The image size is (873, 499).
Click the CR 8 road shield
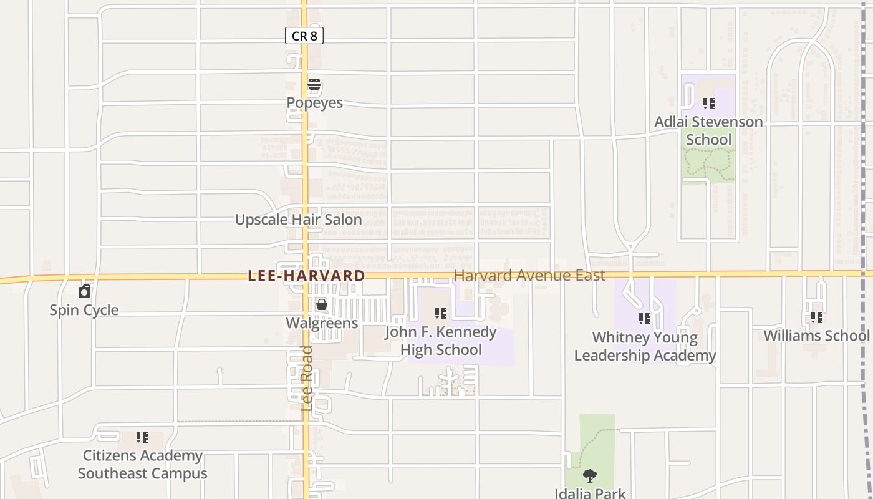point(304,36)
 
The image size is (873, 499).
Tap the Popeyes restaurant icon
point(314,85)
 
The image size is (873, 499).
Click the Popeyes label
point(314,103)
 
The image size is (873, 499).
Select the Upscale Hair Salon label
point(298,220)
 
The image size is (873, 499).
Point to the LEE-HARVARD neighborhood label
point(306,276)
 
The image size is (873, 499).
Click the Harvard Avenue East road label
point(529,276)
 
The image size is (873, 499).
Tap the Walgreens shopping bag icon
point(321,304)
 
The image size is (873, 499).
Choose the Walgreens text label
point(322,323)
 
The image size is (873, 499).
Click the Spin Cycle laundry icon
point(84,291)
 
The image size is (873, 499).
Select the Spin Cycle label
point(84,310)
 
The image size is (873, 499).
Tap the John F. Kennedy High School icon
point(441,313)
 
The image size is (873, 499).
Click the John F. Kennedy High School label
point(441,341)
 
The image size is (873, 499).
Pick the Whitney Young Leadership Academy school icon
point(645,319)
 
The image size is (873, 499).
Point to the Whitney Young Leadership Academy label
point(645,346)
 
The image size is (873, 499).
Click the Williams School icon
point(816,317)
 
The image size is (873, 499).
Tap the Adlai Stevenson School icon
point(708,104)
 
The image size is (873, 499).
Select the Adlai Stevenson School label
point(708,130)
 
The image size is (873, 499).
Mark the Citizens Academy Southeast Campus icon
point(142,437)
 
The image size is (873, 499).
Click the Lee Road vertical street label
point(306,378)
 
